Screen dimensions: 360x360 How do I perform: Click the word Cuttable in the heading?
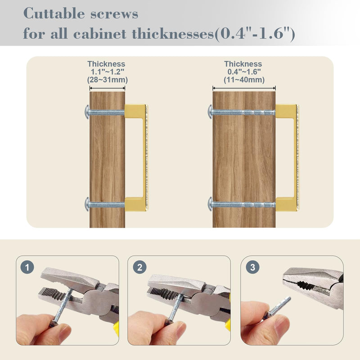(x=54, y=13)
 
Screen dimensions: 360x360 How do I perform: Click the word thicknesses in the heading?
(x=173, y=34)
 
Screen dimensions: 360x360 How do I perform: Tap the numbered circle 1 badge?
(x=27, y=267)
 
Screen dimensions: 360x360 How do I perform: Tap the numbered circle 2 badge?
(x=139, y=267)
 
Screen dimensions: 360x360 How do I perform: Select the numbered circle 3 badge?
(x=252, y=267)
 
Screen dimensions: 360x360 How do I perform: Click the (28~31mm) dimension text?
(x=107, y=80)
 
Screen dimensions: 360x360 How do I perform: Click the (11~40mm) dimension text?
(x=244, y=80)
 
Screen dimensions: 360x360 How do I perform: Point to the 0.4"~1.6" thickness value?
(x=244, y=72)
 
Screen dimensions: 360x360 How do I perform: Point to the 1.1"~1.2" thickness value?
(x=107, y=72)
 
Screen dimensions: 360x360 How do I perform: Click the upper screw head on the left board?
(x=87, y=112)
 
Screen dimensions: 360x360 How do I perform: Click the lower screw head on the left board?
(x=87, y=204)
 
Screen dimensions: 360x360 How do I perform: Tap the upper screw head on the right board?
(x=210, y=112)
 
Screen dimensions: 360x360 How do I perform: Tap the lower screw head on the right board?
(x=210, y=204)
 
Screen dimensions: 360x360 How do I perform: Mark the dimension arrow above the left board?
(x=107, y=88)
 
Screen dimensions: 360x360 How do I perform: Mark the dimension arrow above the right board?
(x=244, y=88)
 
